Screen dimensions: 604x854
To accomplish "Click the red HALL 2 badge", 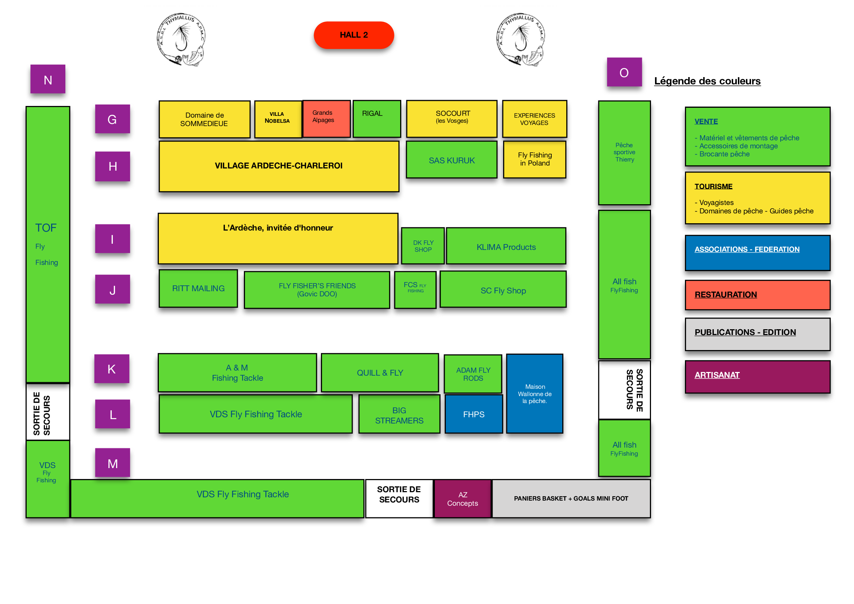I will tap(353, 35).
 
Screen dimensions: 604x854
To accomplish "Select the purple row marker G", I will tap(112, 119).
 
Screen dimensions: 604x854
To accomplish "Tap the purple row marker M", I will tap(112, 463).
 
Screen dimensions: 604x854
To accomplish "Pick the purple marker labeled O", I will tap(624, 72).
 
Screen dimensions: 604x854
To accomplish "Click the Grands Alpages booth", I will tap(326, 119).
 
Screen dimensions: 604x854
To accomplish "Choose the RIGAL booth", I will tap(376, 119).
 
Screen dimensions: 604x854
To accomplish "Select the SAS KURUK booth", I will tap(452, 160).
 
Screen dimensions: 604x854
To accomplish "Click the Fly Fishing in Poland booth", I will tap(535, 159).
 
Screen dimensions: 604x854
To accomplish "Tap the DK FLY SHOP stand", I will tap(423, 246).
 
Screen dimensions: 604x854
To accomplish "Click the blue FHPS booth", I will tap(474, 414).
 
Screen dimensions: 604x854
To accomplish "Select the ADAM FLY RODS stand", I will tap(473, 374).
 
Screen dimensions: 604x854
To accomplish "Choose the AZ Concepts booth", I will tap(462, 499).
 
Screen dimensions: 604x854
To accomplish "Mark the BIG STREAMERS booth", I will tap(399, 415).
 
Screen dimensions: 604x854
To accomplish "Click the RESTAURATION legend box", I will tap(757, 295).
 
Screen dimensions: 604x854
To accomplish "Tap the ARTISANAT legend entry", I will tap(757, 376).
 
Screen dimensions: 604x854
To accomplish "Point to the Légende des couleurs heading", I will tap(707, 81).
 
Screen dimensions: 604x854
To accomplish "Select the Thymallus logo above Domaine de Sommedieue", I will tap(181, 39).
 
